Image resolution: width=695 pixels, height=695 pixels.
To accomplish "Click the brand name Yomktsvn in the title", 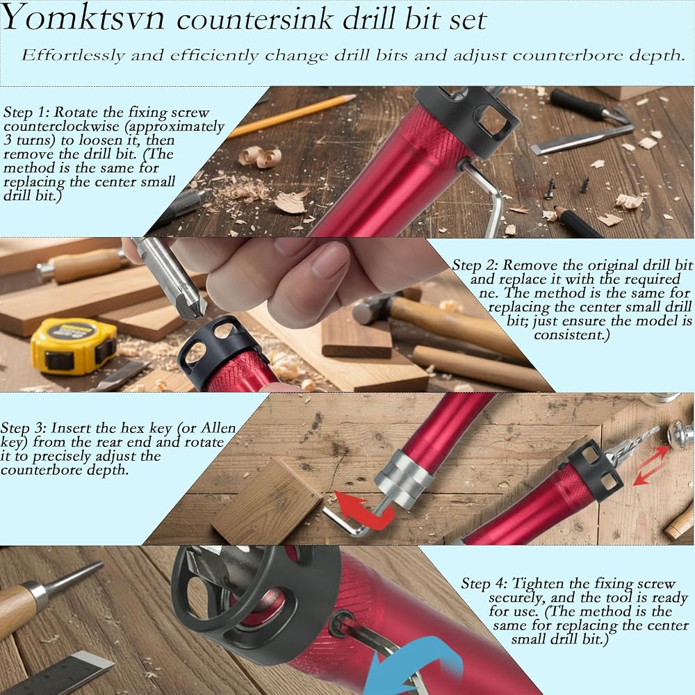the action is pyautogui.click(x=83, y=19).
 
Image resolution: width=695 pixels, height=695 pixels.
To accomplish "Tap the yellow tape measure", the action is pyautogui.click(x=74, y=345).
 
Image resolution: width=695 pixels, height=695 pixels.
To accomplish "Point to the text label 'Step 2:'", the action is pyautogui.click(x=475, y=265).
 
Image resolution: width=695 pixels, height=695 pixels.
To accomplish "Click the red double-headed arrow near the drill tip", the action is pyautogui.click(x=651, y=466).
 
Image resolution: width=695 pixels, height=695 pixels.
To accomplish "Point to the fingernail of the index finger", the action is pyautogui.click(x=329, y=258).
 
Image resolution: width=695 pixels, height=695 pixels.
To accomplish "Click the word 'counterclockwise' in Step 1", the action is pyautogui.click(x=61, y=126).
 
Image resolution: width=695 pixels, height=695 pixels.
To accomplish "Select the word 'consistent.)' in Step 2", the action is pyautogui.click(x=572, y=335).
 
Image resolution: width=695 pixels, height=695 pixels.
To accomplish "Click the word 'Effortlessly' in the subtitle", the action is pyautogui.click(x=73, y=56).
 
